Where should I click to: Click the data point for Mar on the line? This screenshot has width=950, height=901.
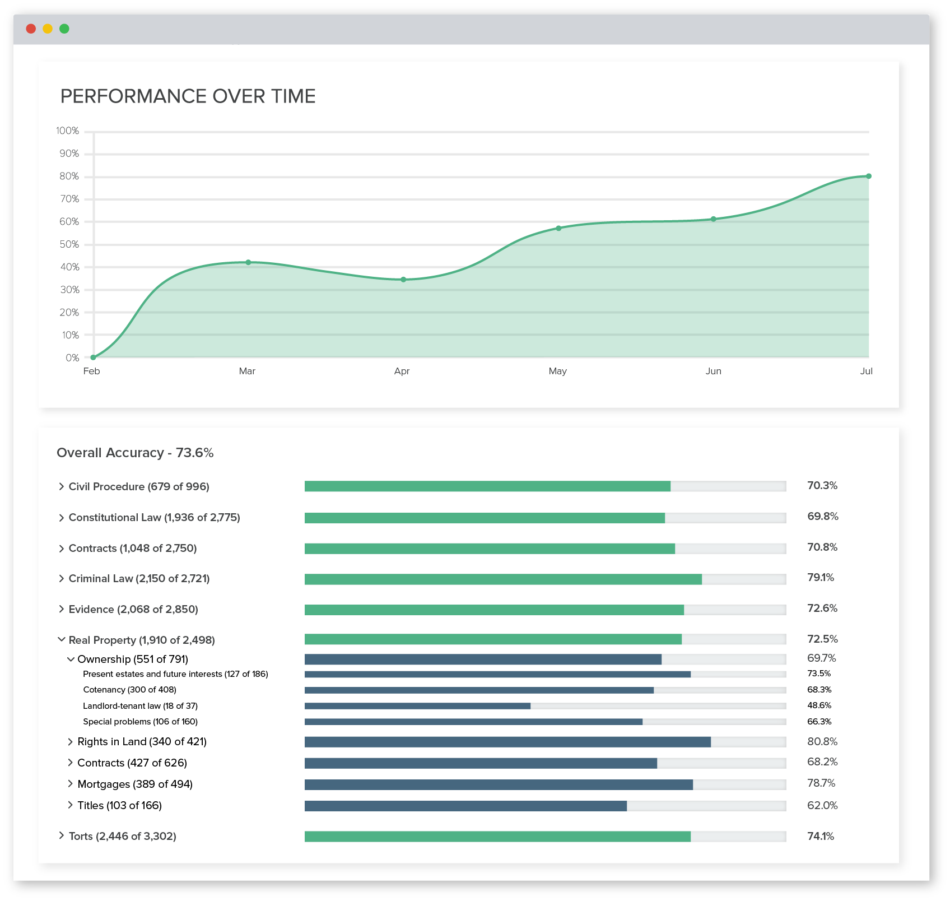(x=248, y=262)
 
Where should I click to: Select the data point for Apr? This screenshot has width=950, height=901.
(x=403, y=280)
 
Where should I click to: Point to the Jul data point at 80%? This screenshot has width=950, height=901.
(x=869, y=176)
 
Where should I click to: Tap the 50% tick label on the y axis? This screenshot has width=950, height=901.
(x=69, y=244)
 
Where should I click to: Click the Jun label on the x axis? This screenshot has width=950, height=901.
(x=713, y=371)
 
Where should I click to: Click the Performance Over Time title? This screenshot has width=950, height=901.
(x=188, y=96)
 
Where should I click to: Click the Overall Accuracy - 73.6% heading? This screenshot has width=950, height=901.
(x=135, y=453)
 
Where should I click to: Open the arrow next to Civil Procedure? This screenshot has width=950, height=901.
(x=62, y=486)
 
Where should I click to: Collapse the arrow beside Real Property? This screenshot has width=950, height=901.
(x=62, y=639)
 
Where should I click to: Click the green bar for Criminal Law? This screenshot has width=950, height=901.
(x=502, y=579)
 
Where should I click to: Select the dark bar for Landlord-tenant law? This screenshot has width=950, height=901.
(x=417, y=706)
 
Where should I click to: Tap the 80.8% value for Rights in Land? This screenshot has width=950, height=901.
(x=822, y=741)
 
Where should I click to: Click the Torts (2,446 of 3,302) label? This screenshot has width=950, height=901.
(x=122, y=836)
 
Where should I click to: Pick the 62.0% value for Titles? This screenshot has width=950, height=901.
(x=822, y=805)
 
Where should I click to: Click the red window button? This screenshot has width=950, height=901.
(x=31, y=29)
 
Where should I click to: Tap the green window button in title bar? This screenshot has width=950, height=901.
(x=64, y=29)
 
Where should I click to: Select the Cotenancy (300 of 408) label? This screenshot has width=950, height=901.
(x=129, y=690)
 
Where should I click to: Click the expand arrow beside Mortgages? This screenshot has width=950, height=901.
(x=71, y=783)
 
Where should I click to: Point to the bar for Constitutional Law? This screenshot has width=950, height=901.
(x=485, y=518)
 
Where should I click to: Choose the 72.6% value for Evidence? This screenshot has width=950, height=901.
(x=822, y=609)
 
